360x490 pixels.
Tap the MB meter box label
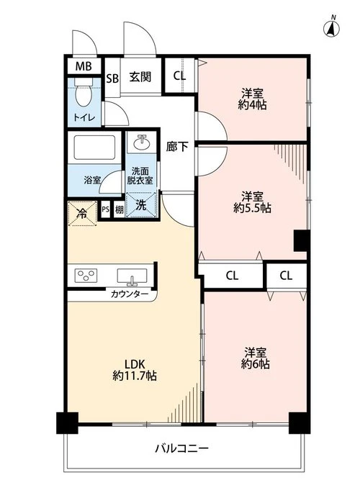click(84, 66)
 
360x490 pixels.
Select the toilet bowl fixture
click(84, 94)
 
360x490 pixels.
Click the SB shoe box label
click(112, 78)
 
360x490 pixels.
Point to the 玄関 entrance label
click(140, 77)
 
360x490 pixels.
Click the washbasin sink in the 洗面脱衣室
click(142, 142)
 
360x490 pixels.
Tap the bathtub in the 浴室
click(95, 148)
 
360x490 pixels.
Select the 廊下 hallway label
click(177, 147)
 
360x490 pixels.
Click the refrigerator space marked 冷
click(82, 214)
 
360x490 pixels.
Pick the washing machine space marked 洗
click(141, 204)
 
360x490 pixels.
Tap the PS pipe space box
click(105, 209)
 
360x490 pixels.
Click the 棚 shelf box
click(119, 209)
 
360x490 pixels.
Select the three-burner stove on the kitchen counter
click(86, 276)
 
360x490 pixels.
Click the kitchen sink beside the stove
click(132, 276)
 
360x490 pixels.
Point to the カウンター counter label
click(130, 294)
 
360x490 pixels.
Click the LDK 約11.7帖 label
click(135, 370)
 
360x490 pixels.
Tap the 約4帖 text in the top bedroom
click(252, 105)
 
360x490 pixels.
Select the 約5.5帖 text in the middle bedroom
click(252, 208)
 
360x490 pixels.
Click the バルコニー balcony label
click(181, 449)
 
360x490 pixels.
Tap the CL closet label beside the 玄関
click(179, 76)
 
